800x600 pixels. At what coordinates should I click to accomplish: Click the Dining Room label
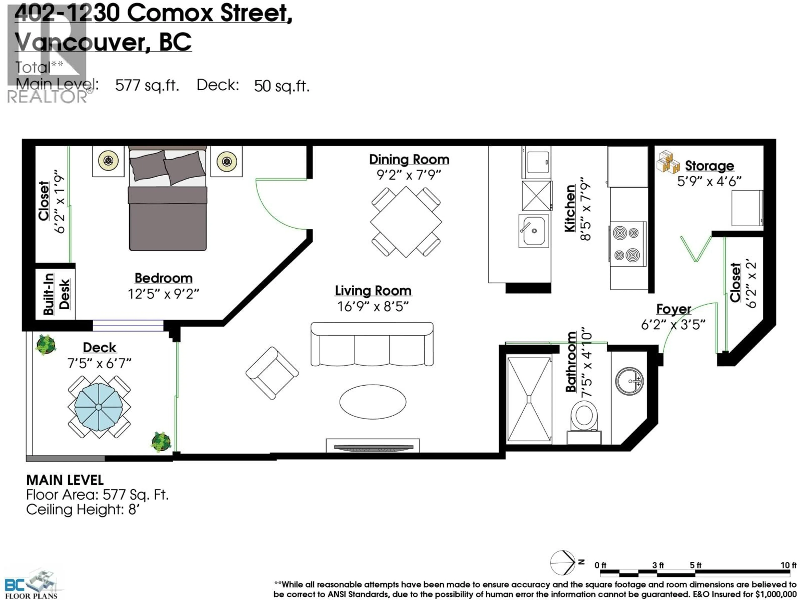point(409,160)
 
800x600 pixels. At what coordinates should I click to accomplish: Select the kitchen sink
point(534,231)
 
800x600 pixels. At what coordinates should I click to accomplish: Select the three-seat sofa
point(372,344)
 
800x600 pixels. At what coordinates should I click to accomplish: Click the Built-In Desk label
point(56,294)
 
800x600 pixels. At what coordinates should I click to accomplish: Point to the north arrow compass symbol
point(563,563)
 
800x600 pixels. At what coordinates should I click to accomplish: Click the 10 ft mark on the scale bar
point(788,565)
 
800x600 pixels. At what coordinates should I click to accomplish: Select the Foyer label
point(673,309)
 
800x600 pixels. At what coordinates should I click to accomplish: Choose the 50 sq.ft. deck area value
point(282,86)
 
